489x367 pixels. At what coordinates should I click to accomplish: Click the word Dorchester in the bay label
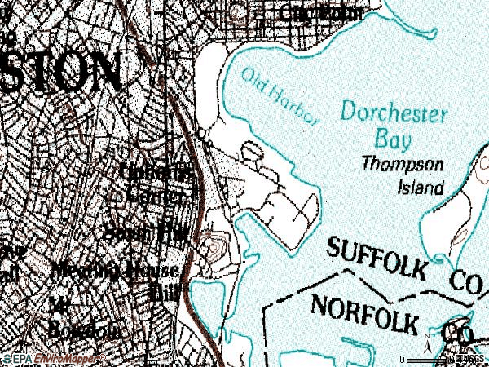coord(394,112)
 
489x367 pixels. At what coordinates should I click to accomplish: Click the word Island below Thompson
coord(421,188)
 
